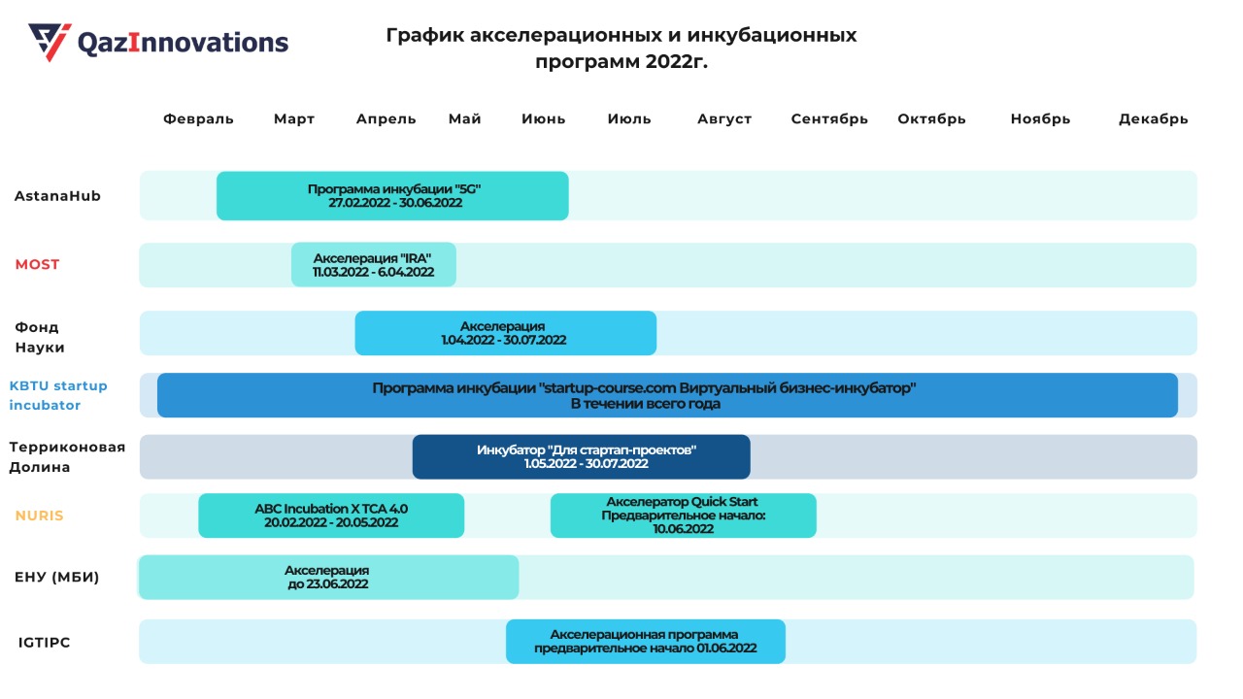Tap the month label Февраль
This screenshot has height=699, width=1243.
click(x=198, y=119)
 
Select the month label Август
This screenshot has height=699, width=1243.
click(x=724, y=119)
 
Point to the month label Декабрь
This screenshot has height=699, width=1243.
click(x=1153, y=119)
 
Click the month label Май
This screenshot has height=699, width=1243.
click(x=465, y=119)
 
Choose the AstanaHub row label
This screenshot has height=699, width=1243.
click(x=57, y=196)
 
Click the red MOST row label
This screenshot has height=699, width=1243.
click(x=37, y=264)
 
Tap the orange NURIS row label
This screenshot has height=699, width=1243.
click(x=39, y=516)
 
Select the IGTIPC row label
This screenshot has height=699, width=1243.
click(x=45, y=643)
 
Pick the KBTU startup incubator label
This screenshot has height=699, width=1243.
click(x=58, y=395)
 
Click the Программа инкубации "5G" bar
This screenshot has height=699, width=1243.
click(x=392, y=196)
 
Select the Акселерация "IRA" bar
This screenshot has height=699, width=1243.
click(x=373, y=264)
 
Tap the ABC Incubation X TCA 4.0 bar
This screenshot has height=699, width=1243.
click(x=331, y=516)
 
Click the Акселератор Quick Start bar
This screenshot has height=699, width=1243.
click(x=683, y=516)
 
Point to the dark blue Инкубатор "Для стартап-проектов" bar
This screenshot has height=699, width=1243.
click(x=581, y=456)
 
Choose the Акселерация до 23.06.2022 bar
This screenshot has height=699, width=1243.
click(x=328, y=577)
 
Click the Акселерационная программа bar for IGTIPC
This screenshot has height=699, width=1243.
click(x=645, y=642)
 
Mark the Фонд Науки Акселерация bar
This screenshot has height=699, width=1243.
click(x=505, y=333)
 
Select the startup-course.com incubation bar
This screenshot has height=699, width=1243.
click(x=667, y=395)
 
